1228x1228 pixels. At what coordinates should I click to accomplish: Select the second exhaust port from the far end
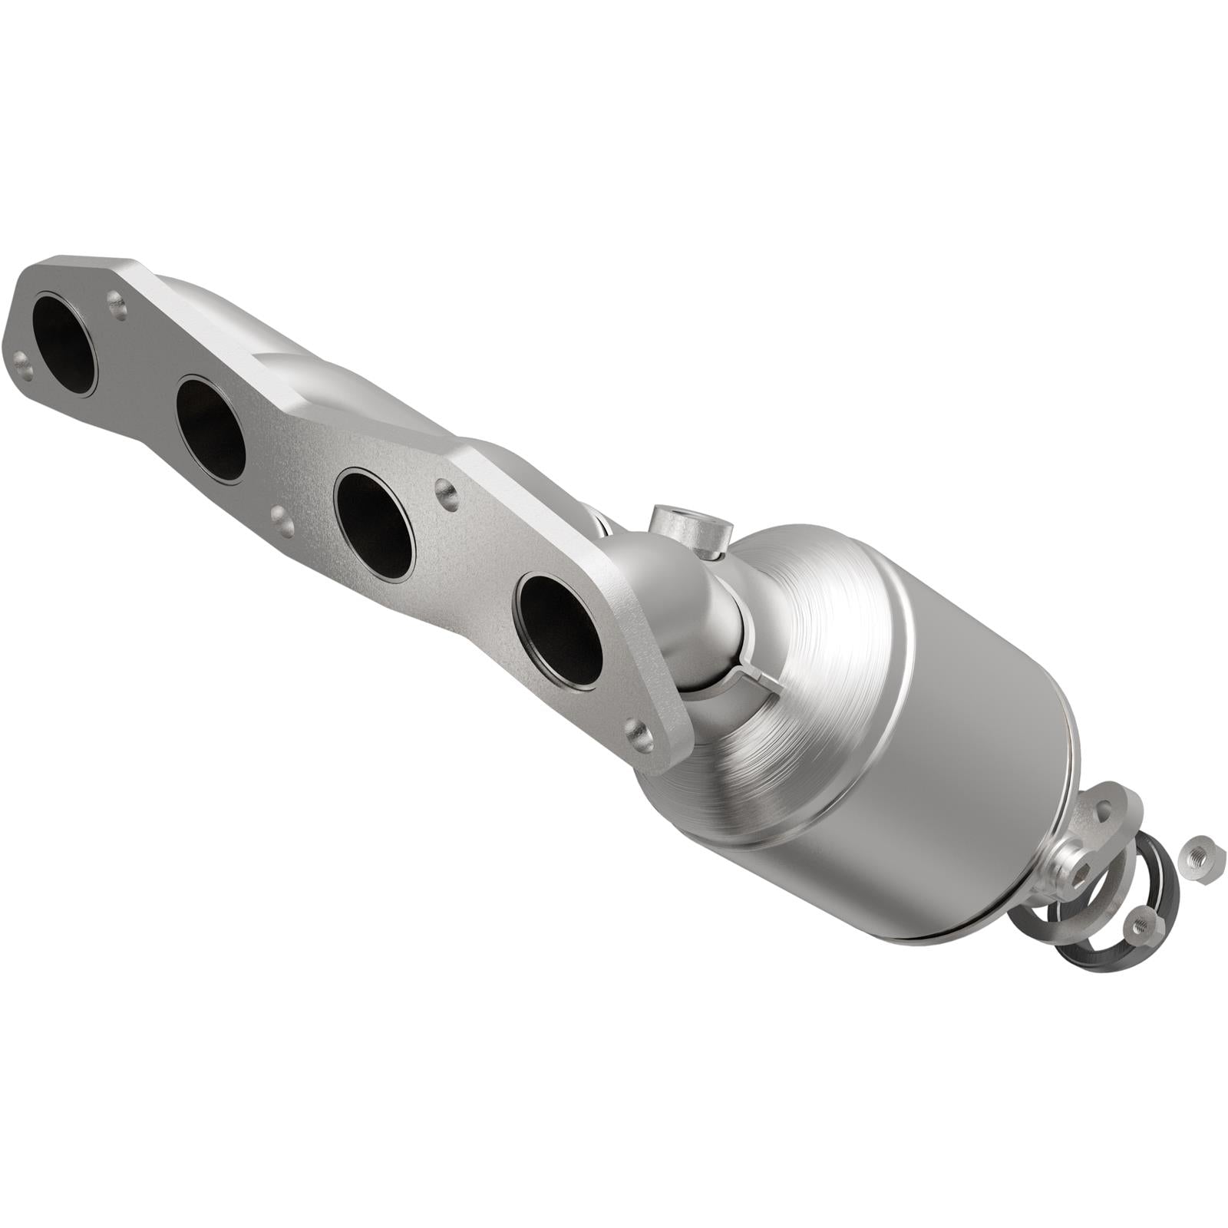[210, 429]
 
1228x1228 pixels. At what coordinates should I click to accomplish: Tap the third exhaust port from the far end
[375, 523]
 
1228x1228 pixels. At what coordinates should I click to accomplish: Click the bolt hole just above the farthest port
[117, 305]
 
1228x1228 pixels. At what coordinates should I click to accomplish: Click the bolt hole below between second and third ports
[282, 520]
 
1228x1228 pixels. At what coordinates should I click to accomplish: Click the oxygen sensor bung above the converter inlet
[688, 530]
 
